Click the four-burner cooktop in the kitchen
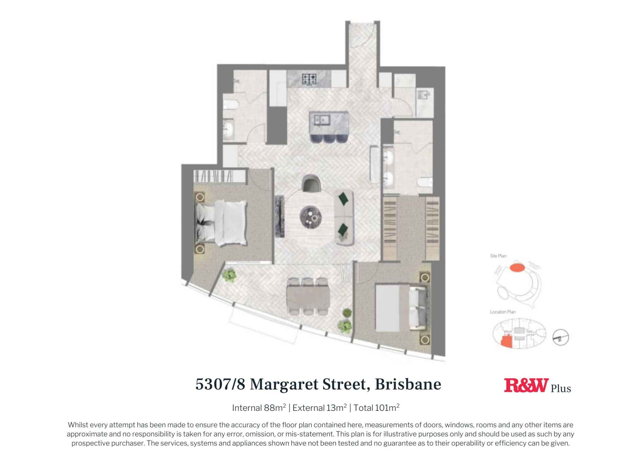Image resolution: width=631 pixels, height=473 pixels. (x=309, y=79)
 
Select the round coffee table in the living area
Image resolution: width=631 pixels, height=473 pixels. (x=311, y=217)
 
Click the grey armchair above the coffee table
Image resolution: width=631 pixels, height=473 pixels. (x=311, y=184)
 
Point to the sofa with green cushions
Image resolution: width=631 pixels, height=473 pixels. (x=344, y=217)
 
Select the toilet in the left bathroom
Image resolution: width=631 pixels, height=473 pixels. (x=230, y=105)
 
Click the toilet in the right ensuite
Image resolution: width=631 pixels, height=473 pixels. (x=425, y=182)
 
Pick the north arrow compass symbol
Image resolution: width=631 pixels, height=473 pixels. (x=560, y=338)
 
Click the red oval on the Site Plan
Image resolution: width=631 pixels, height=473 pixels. (x=517, y=267)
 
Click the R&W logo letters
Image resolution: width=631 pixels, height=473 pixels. (x=526, y=385)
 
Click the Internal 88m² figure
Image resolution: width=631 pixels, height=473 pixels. (x=259, y=408)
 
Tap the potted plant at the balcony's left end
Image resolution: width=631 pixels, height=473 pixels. (x=229, y=275)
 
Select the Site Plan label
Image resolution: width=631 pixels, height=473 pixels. (x=498, y=256)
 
